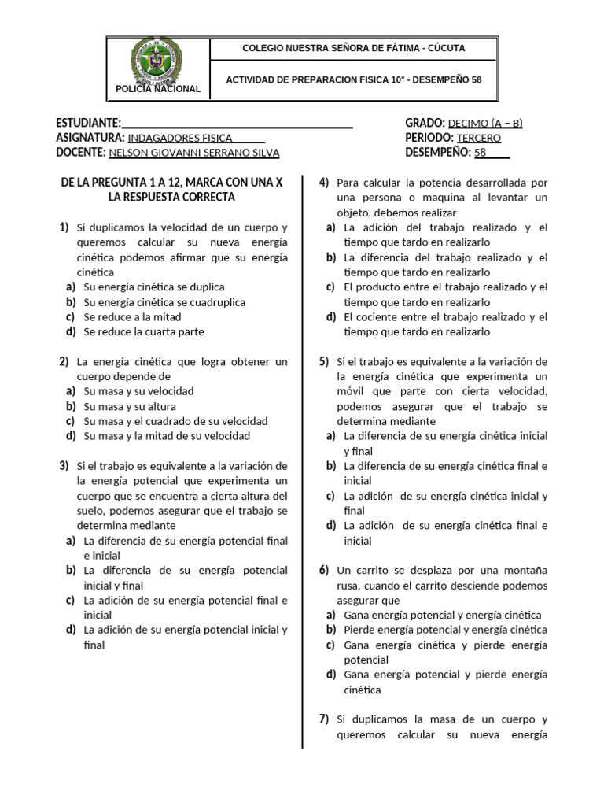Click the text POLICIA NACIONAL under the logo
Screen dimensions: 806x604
coord(158,89)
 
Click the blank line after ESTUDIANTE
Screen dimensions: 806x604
coord(237,123)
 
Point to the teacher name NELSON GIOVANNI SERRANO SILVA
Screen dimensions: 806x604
coord(194,153)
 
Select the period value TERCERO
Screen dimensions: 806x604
coord(479,138)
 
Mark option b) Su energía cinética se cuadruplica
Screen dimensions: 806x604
coord(164,302)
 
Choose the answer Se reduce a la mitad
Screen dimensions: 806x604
coord(132,317)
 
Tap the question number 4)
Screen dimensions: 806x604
coord(324,183)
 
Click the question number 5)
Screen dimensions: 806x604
coord(324,361)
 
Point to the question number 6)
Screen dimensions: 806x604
coord(324,570)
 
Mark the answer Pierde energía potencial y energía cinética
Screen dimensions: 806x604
coord(446,630)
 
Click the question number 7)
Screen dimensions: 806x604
coord(324,719)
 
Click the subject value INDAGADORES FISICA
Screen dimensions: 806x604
coord(180,138)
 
